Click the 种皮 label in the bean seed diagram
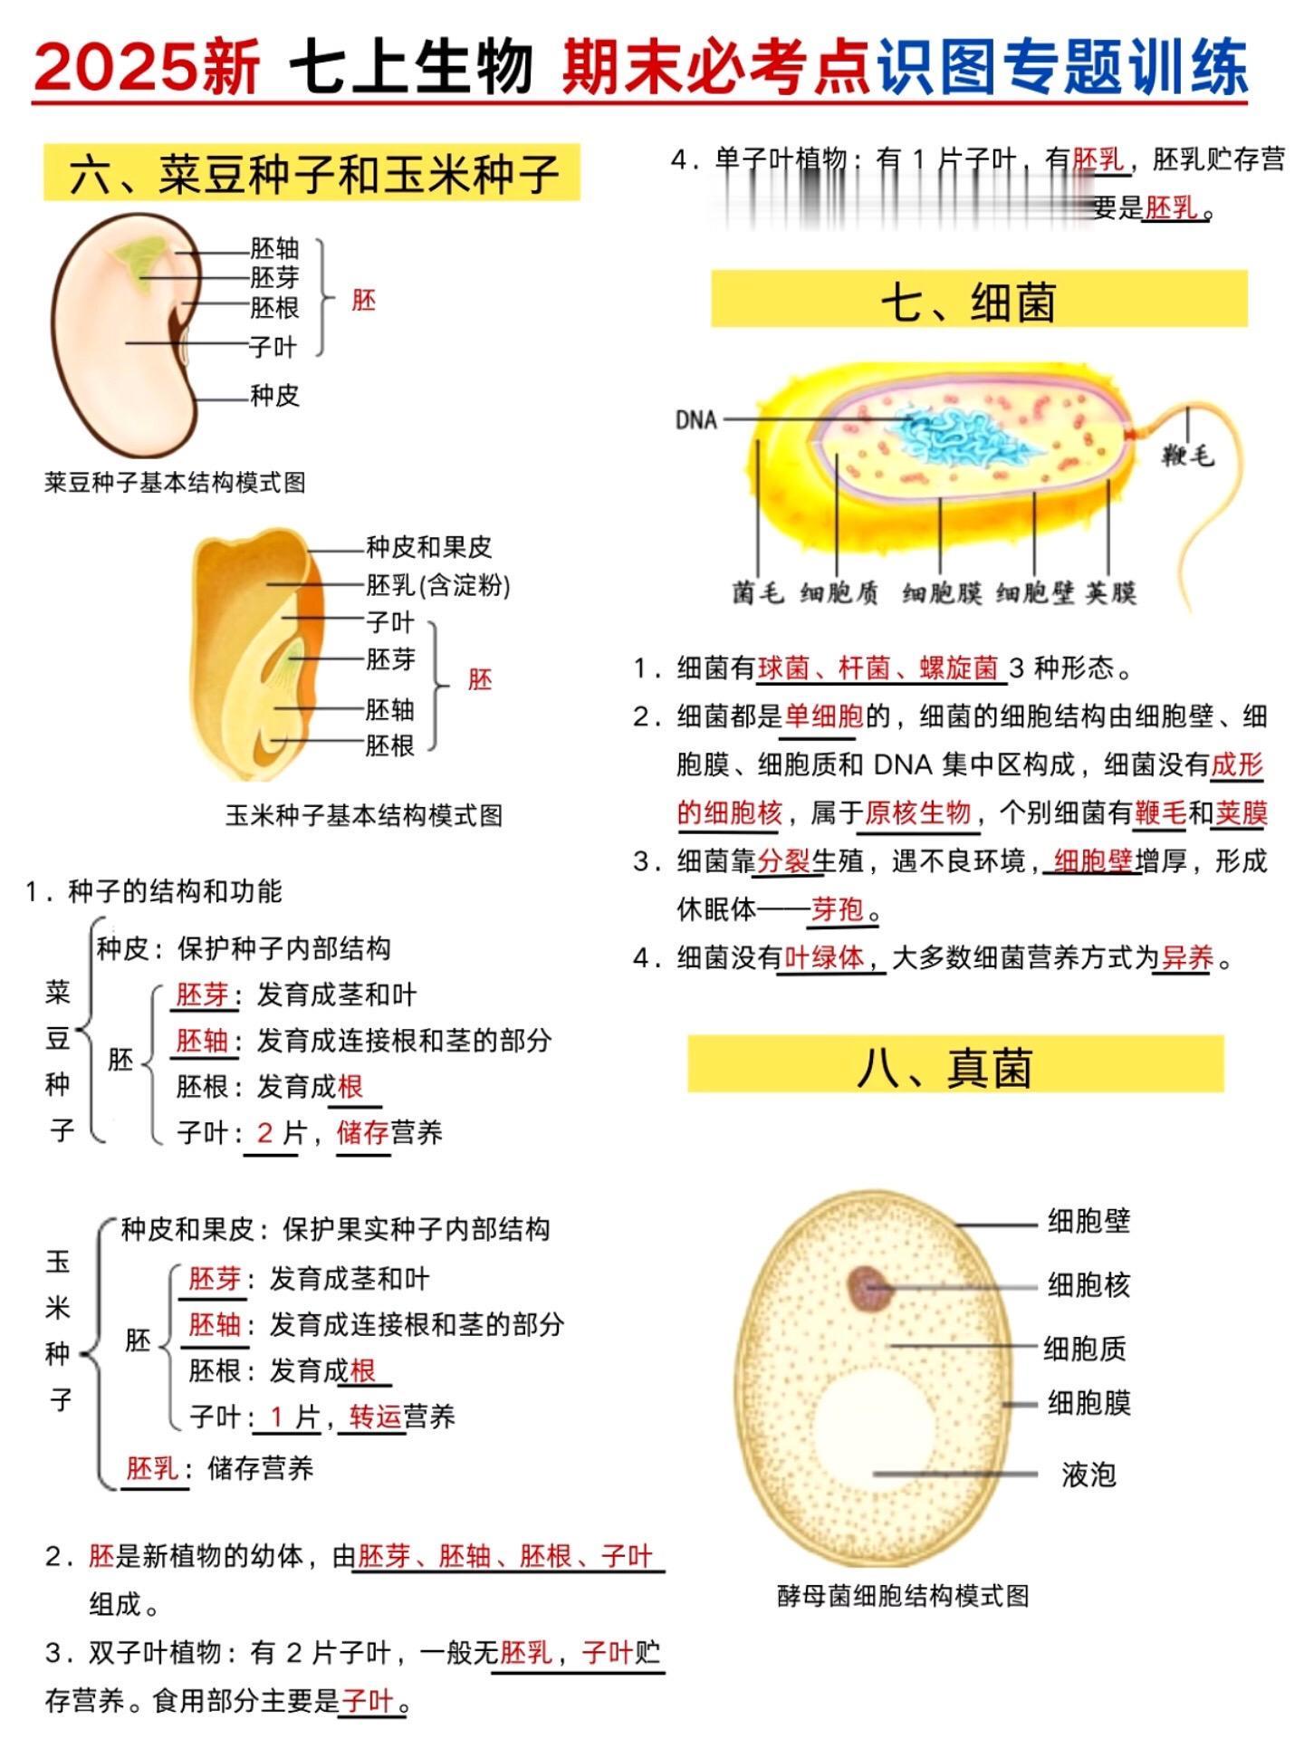[x=274, y=396]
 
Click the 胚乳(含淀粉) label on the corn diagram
[x=438, y=586]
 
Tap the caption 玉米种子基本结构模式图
[x=364, y=815]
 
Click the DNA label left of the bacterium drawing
[x=696, y=420]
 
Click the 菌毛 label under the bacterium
[x=757, y=593]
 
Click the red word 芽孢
[x=838, y=908]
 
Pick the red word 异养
[x=1187, y=956]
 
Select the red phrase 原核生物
[x=917, y=812]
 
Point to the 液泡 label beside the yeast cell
[x=1088, y=1475]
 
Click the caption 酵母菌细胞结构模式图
[x=903, y=1595]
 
